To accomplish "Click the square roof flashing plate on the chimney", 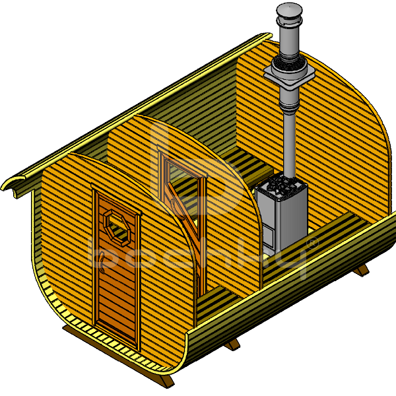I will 288,75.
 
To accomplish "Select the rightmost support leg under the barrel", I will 360,271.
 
